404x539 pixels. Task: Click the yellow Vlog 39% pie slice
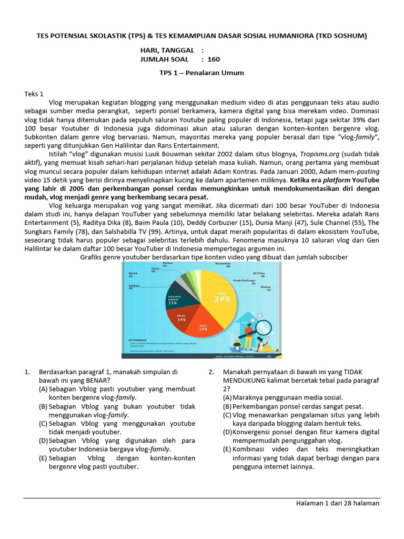click(x=221, y=297)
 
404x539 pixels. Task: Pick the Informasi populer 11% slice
click(x=173, y=300)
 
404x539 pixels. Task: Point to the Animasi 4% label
click(x=130, y=287)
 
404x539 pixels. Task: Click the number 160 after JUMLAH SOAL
click(x=214, y=59)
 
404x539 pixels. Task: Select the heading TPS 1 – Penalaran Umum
click(x=201, y=73)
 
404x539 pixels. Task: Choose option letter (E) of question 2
click(x=227, y=449)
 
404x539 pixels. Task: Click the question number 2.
click(x=211, y=372)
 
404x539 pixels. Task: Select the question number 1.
click(x=27, y=372)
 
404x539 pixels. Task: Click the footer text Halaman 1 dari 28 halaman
click(x=337, y=503)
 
